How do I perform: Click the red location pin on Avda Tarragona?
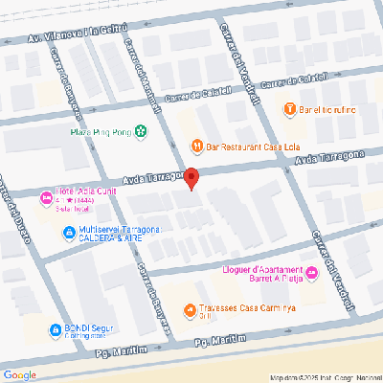click(191, 178)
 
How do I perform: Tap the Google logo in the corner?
click(20, 374)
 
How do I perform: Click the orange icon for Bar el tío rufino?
click(290, 109)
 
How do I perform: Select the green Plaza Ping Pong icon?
click(141, 131)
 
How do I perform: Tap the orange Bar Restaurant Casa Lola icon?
click(197, 146)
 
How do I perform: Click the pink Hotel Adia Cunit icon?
click(44, 198)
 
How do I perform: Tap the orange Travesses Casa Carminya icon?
click(191, 310)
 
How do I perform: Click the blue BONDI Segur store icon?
click(44, 329)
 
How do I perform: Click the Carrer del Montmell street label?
click(146, 93)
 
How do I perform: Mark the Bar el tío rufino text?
click(327, 109)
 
